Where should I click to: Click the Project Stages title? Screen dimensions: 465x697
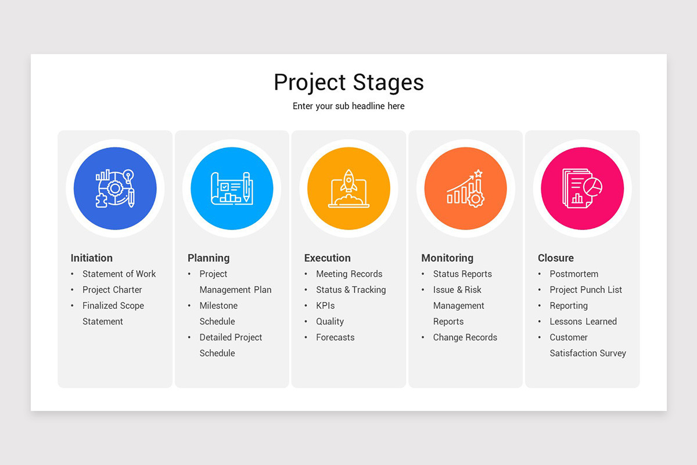tap(348, 83)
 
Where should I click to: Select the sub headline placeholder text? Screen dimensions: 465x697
tap(348, 106)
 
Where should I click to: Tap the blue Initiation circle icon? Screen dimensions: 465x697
tap(115, 188)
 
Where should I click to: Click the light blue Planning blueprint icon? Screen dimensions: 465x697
tap(232, 188)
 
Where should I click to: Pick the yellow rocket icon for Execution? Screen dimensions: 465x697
tap(348, 188)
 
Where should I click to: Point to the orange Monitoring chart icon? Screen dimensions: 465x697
tap(465, 188)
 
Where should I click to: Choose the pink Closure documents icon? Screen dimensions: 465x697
tap(582, 188)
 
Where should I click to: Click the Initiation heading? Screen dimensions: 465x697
tap(92, 258)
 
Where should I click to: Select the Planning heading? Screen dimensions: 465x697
tap(209, 258)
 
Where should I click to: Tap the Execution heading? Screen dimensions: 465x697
tap(328, 258)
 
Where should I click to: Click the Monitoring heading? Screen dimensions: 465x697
tap(447, 258)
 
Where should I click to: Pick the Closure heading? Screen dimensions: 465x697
tap(556, 258)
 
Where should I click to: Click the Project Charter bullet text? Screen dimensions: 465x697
tap(112, 289)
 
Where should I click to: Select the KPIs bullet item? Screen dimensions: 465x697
tap(325, 306)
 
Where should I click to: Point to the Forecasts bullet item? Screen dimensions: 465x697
tap(335, 337)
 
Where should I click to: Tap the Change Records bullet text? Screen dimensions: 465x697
tap(465, 337)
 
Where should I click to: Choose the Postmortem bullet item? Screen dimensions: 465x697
tap(574, 274)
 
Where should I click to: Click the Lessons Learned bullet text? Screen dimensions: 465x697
tap(583, 321)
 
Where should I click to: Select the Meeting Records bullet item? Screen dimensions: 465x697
tap(349, 274)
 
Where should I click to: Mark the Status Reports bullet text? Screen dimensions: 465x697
tap(462, 274)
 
